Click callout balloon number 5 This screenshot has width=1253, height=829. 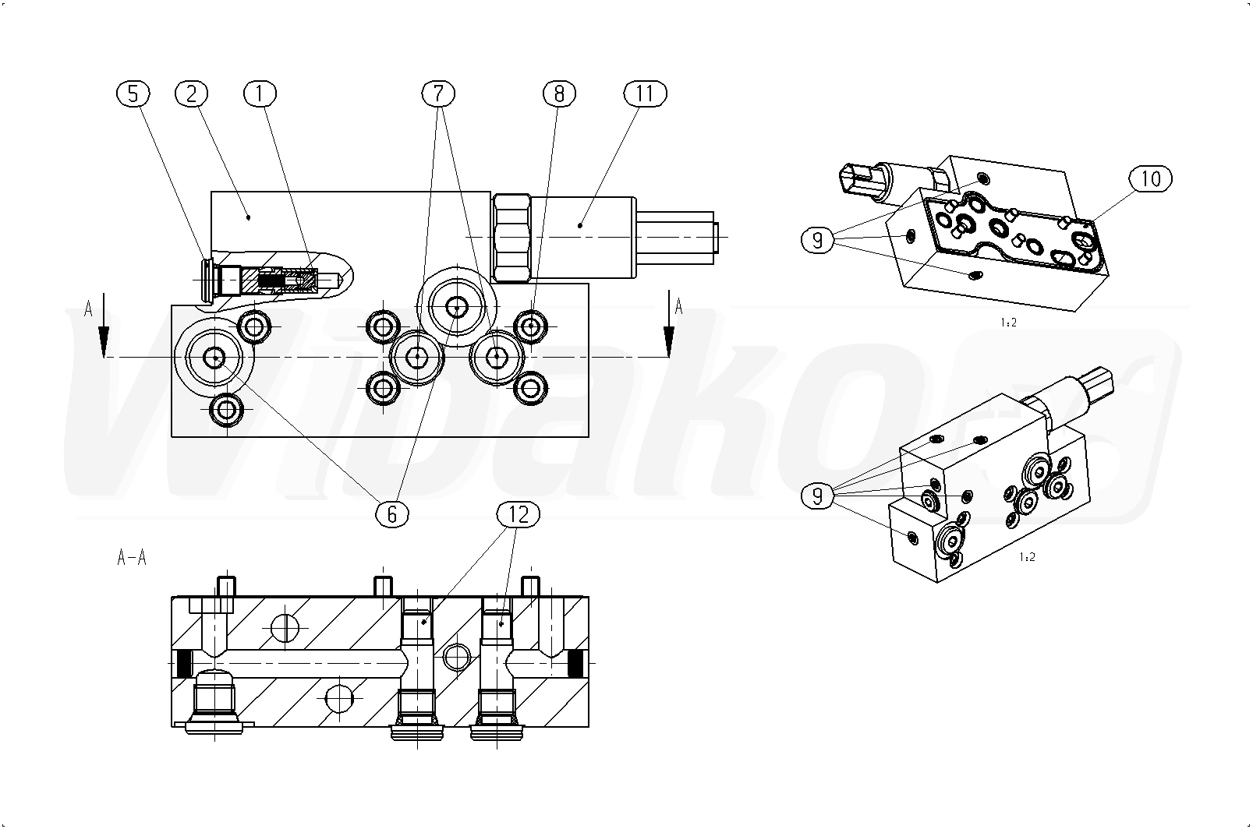(x=133, y=94)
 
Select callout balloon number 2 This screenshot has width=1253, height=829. (x=191, y=94)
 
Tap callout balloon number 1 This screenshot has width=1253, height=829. (x=260, y=94)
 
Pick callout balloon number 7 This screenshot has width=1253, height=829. (x=438, y=94)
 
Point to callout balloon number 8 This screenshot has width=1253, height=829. (x=559, y=94)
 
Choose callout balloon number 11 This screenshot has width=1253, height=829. (x=646, y=94)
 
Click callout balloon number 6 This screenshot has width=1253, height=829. (x=391, y=513)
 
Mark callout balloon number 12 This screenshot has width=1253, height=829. (x=519, y=513)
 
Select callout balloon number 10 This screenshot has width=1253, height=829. (x=1151, y=179)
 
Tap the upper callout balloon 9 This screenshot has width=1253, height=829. (x=818, y=241)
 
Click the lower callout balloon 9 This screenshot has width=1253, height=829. (x=818, y=496)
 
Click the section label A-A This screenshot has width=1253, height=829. (x=132, y=557)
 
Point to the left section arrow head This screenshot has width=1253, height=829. (x=104, y=341)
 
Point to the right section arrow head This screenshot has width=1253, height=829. (x=668, y=341)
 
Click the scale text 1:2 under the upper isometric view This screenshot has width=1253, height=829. (x=1008, y=323)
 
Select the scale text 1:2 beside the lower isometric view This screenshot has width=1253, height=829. (x=1027, y=557)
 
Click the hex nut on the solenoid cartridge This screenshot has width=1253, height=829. (x=511, y=238)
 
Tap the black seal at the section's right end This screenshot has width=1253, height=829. (x=575, y=665)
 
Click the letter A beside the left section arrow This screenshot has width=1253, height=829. (x=88, y=309)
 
